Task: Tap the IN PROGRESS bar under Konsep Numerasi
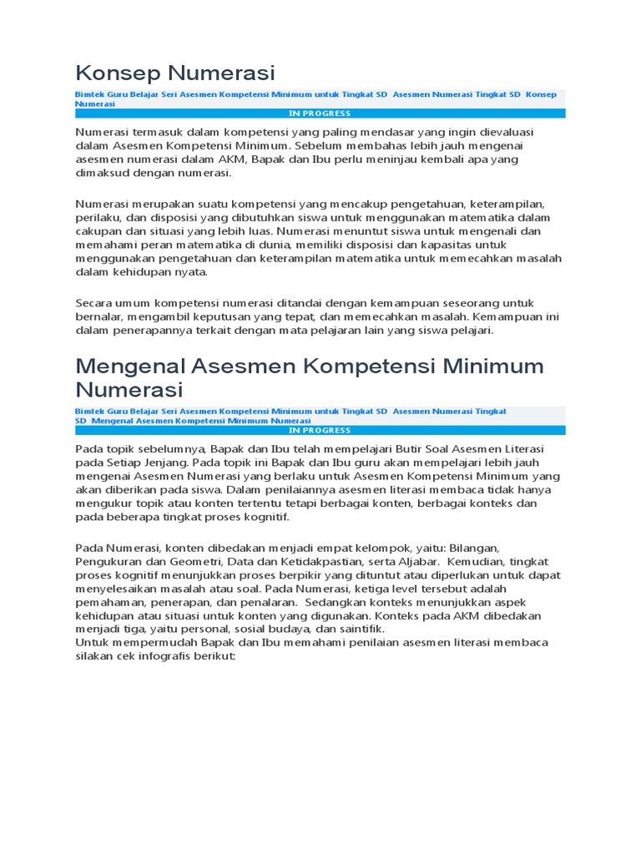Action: point(320,114)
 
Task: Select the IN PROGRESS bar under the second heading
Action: point(320,430)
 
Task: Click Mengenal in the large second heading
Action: point(131,367)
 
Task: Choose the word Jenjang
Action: point(164,462)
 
